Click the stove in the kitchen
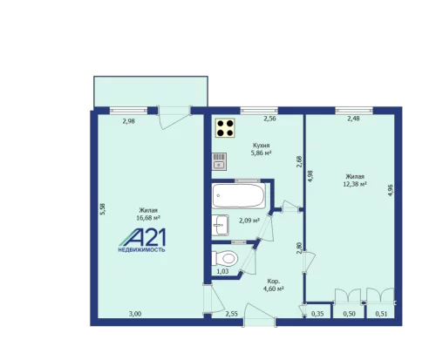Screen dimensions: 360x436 (x=225, y=129)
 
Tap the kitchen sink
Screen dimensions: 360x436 (x=218, y=160)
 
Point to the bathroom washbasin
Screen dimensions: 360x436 (x=220, y=224)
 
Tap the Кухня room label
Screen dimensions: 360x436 (x=260, y=145)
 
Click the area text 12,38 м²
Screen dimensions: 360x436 (x=355, y=184)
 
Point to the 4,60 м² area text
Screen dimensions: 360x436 (x=274, y=289)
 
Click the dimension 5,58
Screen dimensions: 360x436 (x=103, y=209)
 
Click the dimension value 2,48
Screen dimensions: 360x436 (x=354, y=119)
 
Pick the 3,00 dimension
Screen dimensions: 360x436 (x=135, y=313)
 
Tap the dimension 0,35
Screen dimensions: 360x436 (x=317, y=313)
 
